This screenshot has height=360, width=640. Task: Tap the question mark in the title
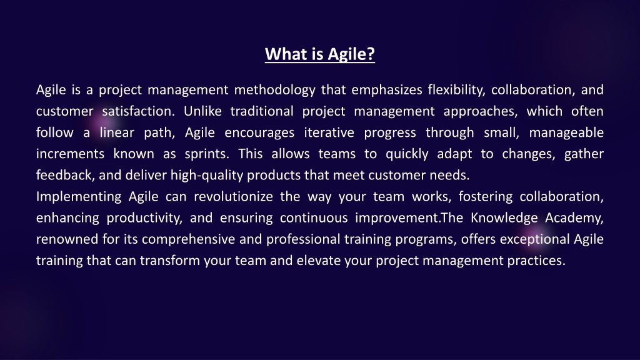point(371,54)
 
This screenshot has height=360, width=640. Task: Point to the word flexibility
point(456,90)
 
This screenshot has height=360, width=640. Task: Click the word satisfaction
point(138,111)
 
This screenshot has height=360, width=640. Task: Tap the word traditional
point(262,111)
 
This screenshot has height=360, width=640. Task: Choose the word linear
point(117,132)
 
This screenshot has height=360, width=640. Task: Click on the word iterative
point(329,132)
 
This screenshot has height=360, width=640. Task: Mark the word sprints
point(207,154)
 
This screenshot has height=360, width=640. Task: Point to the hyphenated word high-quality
point(207,176)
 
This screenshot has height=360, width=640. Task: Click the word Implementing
point(79,197)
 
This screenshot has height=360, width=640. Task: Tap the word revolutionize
point(234,197)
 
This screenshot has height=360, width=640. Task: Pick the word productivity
point(144,218)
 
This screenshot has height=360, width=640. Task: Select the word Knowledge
point(504,218)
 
